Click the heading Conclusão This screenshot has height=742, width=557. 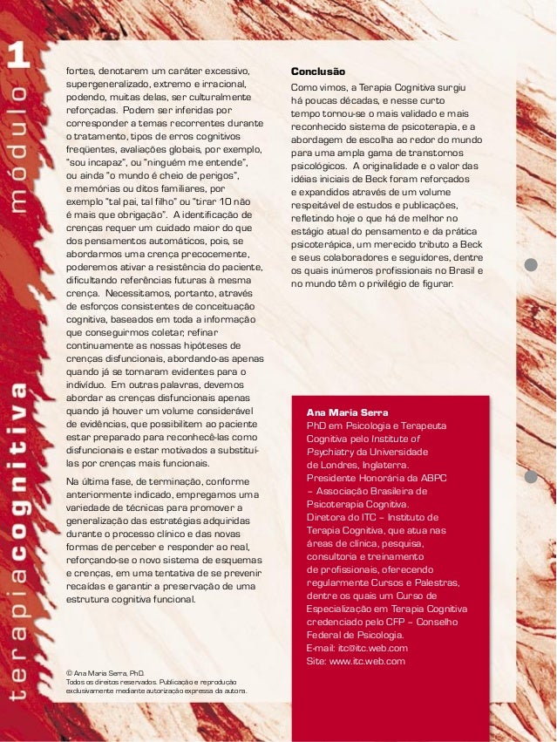click(317, 71)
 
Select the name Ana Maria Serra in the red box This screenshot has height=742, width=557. click(347, 412)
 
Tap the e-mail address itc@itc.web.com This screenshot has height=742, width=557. click(370, 648)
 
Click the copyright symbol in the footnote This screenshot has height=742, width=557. click(70, 674)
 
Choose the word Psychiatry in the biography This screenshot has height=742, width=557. click(333, 452)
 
